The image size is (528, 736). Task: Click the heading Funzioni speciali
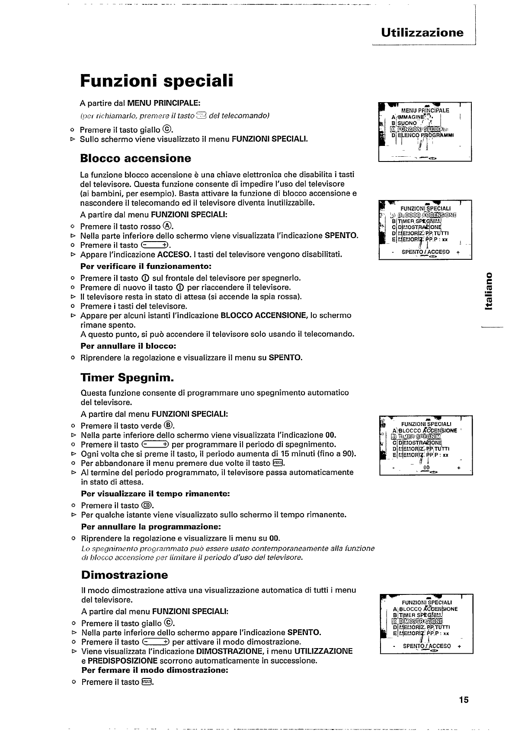point(157,81)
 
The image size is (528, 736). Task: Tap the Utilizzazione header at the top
point(422,33)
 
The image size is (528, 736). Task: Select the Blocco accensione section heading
point(135,158)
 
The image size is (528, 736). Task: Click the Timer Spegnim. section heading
point(127,378)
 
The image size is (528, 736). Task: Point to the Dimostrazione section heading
point(124,575)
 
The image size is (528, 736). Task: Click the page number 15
point(464,700)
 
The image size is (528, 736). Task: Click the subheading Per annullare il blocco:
point(128,346)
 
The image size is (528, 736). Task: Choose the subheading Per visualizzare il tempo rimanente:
point(155,494)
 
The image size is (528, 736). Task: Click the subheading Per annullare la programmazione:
point(151,527)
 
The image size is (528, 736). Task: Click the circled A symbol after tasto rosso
point(167,226)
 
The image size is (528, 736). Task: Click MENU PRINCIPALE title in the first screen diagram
point(425,110)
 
